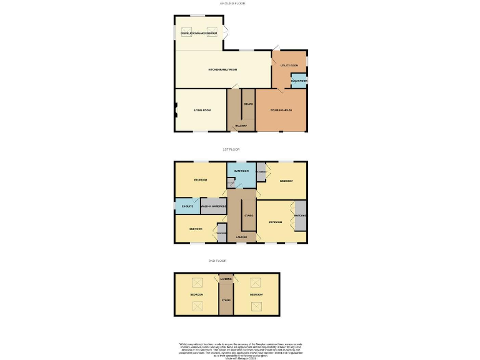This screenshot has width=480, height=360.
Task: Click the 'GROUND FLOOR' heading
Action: click(x=232, y=3)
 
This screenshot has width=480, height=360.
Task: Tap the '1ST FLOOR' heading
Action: click(x=231, y=150)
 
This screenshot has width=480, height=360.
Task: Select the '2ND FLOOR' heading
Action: click(x=217, y=261)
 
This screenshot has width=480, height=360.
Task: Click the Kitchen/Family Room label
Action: click(x=222, y=69)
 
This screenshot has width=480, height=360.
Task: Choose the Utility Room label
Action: click(x=289, y=65)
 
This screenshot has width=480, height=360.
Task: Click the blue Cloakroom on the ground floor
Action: click(x=299, y=81)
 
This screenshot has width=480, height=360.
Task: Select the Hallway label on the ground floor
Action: click(x=241, y=126)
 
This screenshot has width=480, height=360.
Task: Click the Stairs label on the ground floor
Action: click(x=248, y=105)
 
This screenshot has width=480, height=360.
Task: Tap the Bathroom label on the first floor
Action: click(x=241, y=171)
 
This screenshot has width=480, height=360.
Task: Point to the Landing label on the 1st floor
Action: click(x=242, y=237)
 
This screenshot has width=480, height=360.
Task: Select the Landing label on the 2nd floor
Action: click(x=226, y=279)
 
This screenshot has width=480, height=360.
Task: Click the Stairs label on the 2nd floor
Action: click(x=226, y=301)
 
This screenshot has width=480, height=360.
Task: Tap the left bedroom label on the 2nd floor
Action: click(x=196, y=294)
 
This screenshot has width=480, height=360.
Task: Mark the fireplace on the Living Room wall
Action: click(x=176, y=111)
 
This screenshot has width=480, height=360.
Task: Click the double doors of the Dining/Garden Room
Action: click(x=226, y=32)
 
